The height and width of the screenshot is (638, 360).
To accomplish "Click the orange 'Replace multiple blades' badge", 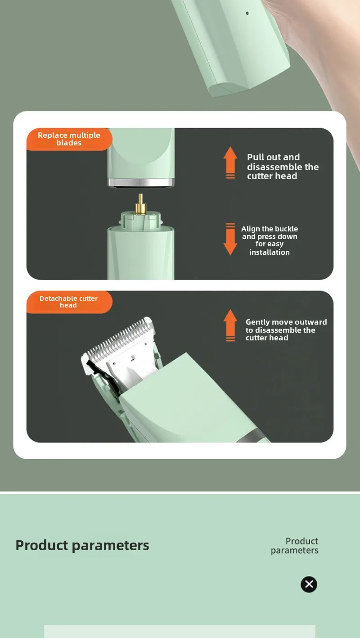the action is [x=69, y=139].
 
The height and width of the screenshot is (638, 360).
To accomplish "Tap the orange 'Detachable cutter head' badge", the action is [x=69, y=302].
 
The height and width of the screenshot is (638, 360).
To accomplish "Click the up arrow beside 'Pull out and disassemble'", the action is [x=230, y=163].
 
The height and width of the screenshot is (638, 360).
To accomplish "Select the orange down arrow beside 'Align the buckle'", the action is [x=230, y=239].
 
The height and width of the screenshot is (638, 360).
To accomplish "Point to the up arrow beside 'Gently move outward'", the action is [x=230, y=325].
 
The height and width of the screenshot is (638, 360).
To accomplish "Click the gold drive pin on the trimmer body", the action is [x=140, y=204].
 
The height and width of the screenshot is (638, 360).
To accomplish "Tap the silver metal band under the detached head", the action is [x=141, y=182].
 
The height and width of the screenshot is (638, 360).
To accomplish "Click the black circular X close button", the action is [x=309, y=584].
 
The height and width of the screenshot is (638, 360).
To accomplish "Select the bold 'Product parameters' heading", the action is [x=82, y=545].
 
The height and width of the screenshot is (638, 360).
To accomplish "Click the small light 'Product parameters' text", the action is [x=295, y=545].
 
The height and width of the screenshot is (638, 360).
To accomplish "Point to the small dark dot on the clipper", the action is [x=247, y=13].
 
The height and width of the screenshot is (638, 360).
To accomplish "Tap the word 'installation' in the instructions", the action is [x=269, y=252].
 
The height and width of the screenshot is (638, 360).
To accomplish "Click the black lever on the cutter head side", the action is [x=99, y=374].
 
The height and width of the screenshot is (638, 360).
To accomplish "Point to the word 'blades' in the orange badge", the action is [x=69, y=143].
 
